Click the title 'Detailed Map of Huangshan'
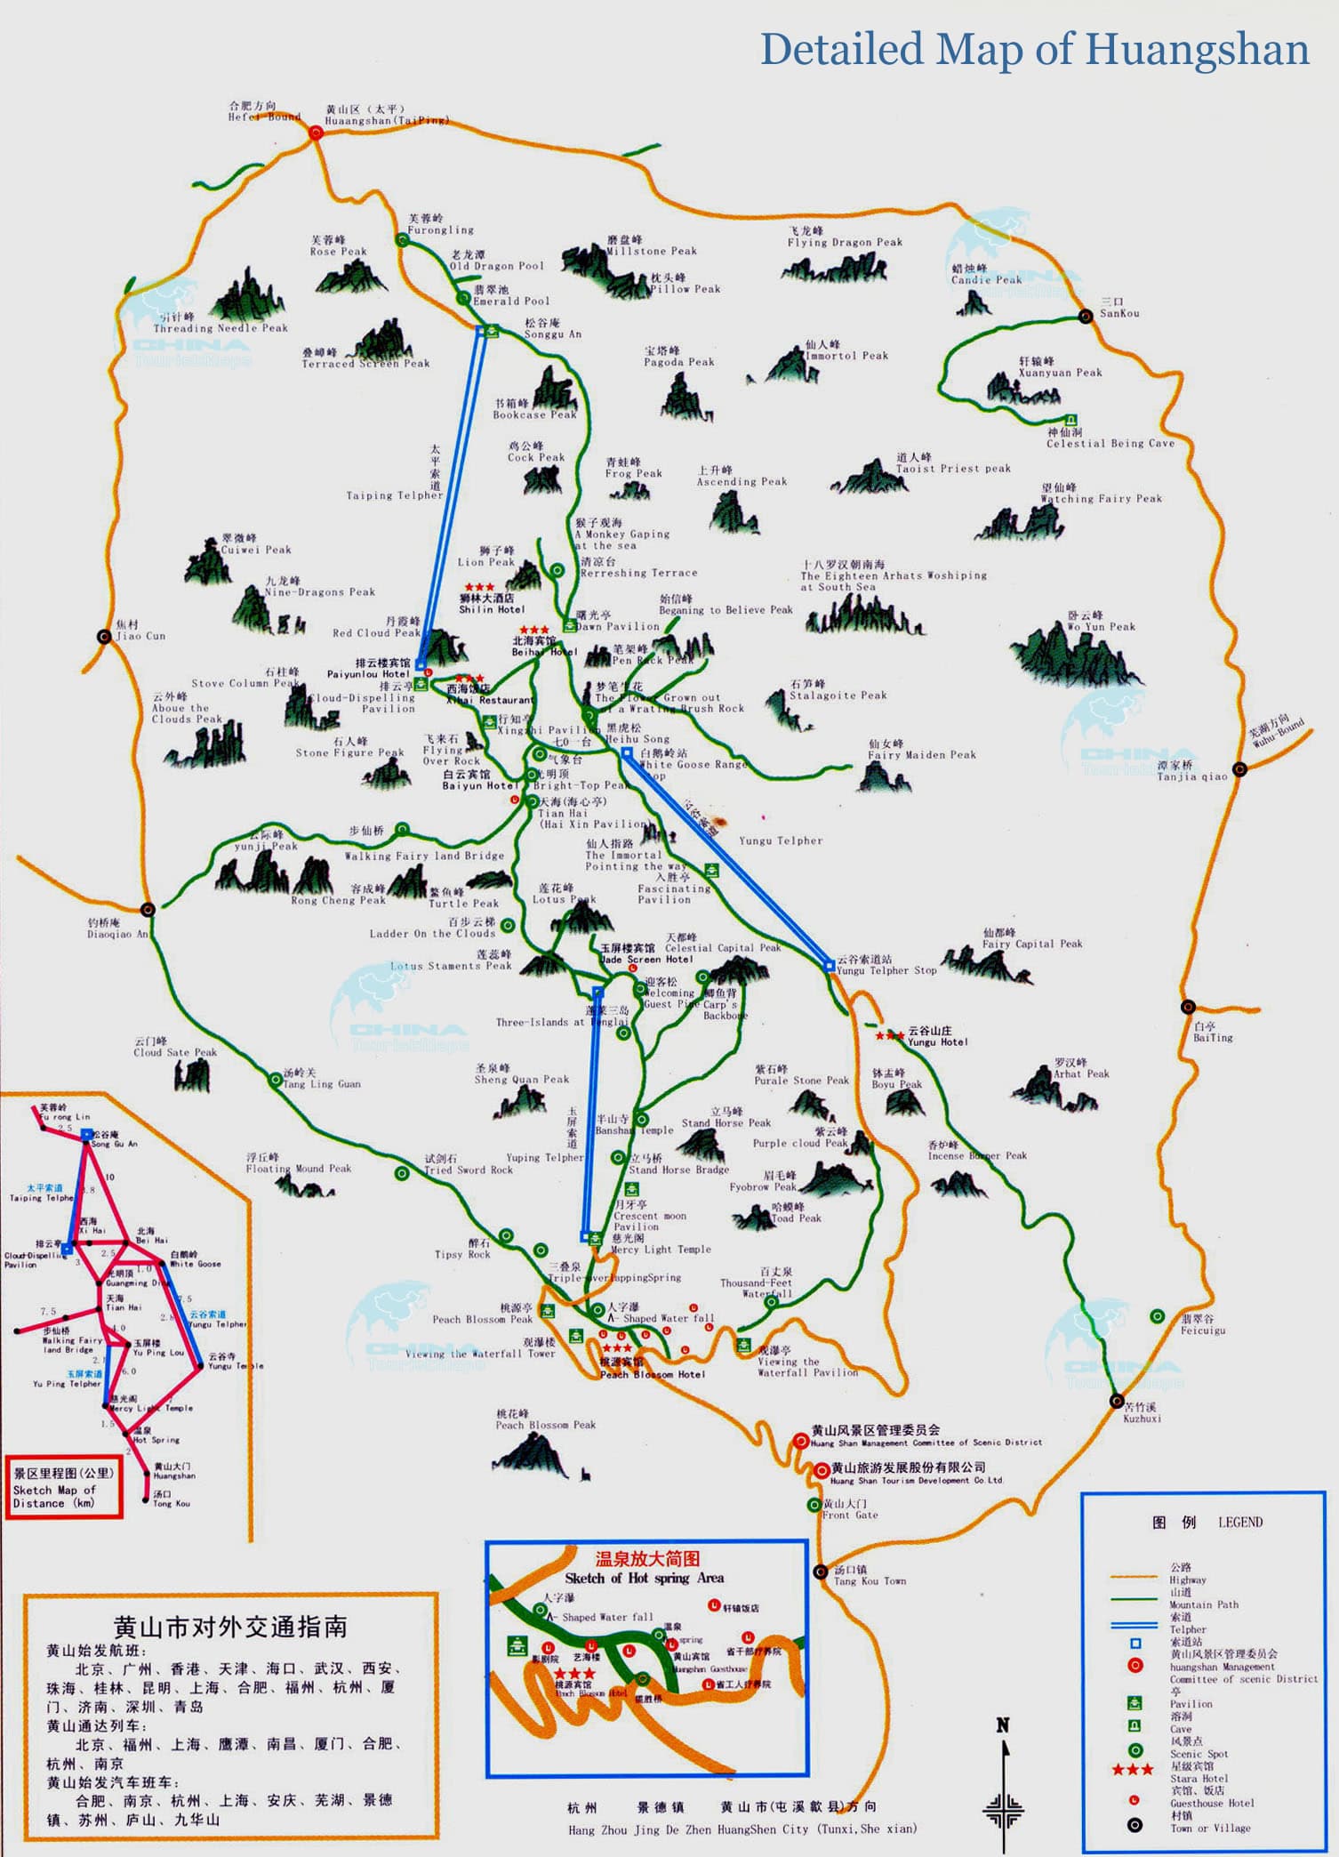[1034, 50]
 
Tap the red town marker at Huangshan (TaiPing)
[316, 133]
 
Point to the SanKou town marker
[1086, 316]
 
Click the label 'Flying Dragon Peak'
[844, 242]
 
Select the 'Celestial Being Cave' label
[1110, 443]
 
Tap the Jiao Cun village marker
[105, 636]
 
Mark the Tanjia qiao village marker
[1239, 768]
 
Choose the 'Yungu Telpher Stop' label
[886, 970]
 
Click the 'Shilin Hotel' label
[491, 609]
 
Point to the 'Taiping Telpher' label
[394, 495]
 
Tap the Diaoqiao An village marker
[148, 909]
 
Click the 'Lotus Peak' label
[564, 899]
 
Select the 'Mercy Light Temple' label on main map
[661, 1249]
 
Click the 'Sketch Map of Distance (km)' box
[63, 1487]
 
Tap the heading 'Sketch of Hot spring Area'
[645, 1578]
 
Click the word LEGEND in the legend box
[1239, 1523]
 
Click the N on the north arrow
[1003, 1725]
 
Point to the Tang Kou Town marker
[821, 1572]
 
